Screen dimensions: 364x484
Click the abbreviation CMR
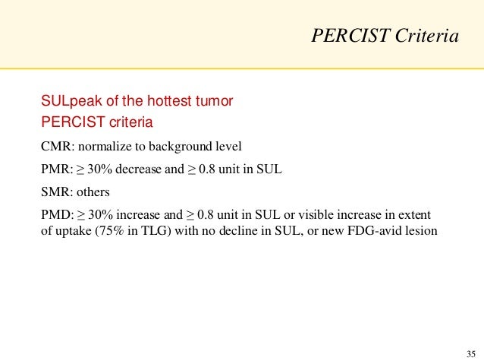click(54, 147)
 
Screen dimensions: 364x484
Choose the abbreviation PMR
click(54, 169)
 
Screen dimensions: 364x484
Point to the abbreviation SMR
click(53, 192)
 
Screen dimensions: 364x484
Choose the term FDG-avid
click(377, 230)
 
